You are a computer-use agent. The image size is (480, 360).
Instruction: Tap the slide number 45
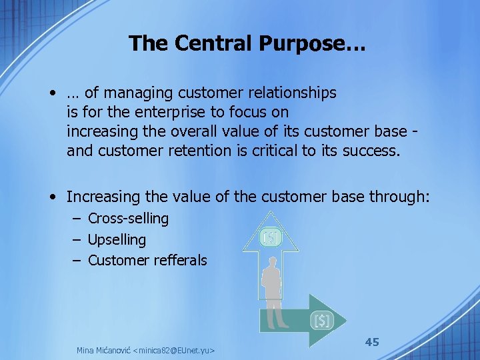pyautogui.click(x=372, y=342)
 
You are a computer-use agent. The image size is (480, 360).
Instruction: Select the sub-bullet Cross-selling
pyautogui.click(x=128, y=218)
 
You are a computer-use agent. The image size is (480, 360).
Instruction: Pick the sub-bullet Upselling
pyautogui.click(x=117, y=239)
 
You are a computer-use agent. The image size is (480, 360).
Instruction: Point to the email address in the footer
pyautogui.click(x=176, y=350)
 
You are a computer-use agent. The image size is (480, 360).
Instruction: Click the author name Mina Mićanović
pyautogui.click(x=103, y=350)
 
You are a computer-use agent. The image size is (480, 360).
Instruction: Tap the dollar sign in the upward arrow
pyautogui.click(x=271, y=237)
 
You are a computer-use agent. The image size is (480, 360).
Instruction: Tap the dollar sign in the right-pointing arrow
pyautogui.click(x=322, y=321)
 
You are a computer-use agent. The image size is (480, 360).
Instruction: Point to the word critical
pyautogui.click(x=275, y=151)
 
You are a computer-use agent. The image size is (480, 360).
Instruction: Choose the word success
pyautogui.click(x=371, y=151)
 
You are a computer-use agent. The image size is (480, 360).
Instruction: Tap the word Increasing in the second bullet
pyautogui.click(x=103, y=197)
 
